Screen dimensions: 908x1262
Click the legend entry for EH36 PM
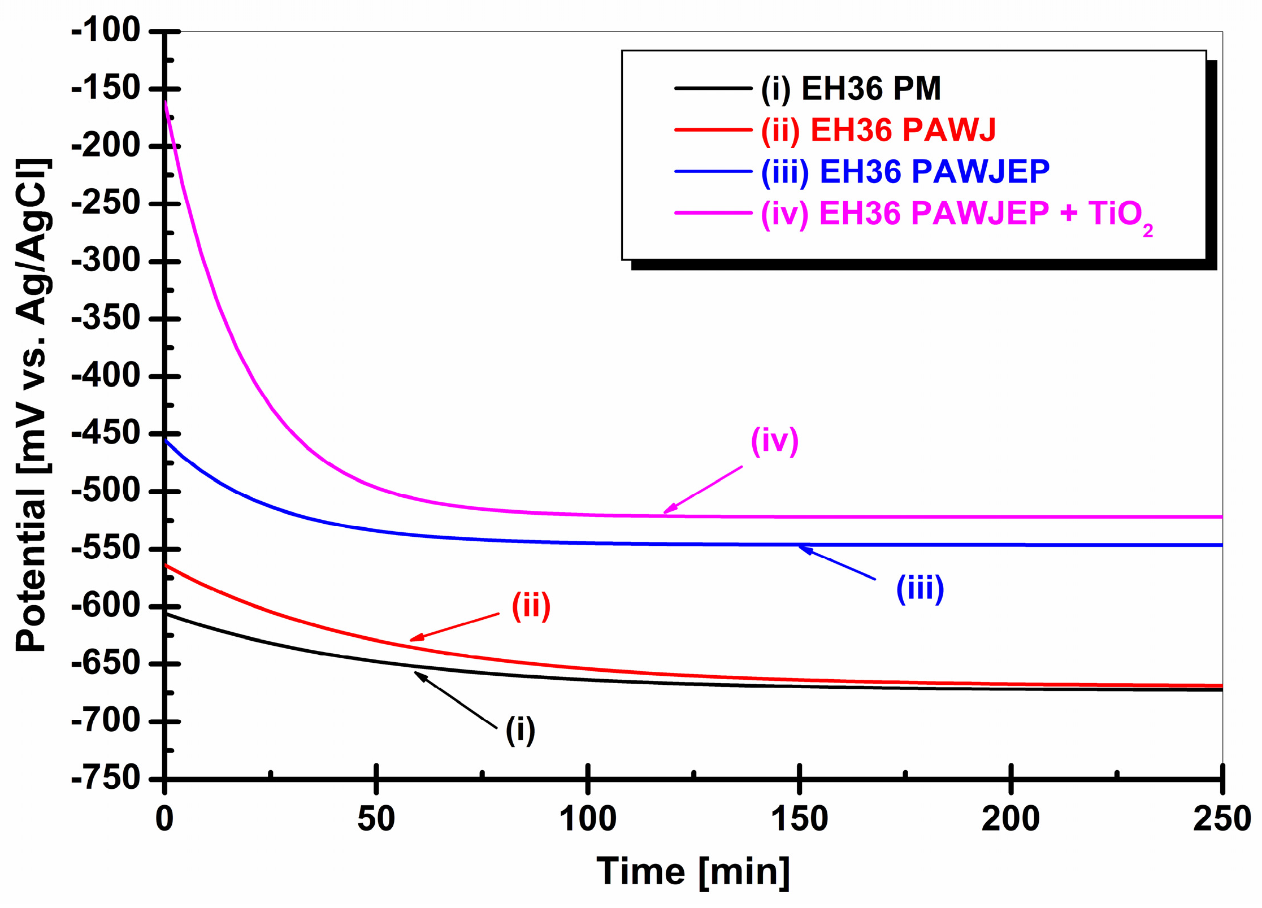click(x=851, y=89)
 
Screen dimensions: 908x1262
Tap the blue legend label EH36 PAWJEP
click(x=905, y=171)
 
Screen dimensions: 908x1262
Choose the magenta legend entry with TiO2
click(x=955, y=214)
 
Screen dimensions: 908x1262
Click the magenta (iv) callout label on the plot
click(x=774, y=441)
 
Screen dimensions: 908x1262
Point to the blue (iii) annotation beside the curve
click(x=920, y=589)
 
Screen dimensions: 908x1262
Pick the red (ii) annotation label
click(x=531, y=606)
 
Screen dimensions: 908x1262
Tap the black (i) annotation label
click(x=520, y=729)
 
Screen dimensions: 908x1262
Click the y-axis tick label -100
click(x=106, y=31)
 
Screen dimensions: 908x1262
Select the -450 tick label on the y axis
click(x=106, y=434)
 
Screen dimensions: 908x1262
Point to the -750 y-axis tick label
click(x=106, y=779)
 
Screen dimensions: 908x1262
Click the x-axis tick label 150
click(x=799, y=819)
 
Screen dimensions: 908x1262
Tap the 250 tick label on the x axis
click(x=1221, y=819)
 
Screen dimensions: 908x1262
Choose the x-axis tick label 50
click(x=376, y=819)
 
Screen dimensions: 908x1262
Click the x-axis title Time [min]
click(x=693, y=872)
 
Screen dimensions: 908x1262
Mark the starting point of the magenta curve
click(x=165, y=102)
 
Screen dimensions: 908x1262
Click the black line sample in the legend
click(x=713, y=89)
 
